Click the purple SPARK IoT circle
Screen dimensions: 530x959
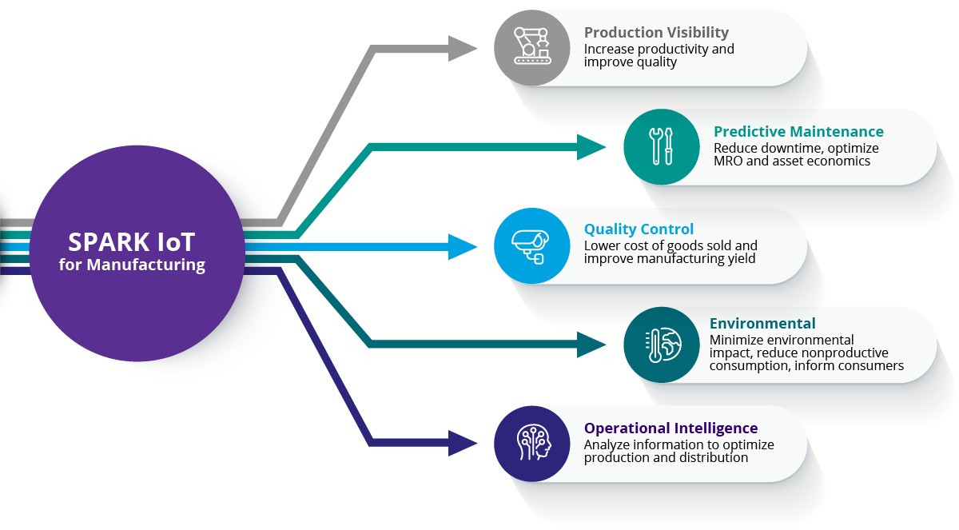[137, 253]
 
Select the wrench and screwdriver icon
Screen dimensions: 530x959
[661, 146]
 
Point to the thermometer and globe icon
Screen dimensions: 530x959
[661, 345]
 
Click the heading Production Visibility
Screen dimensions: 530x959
[656, 33]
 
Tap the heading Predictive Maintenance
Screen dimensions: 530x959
[798, 132]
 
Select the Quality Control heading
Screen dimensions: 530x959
[639, 229]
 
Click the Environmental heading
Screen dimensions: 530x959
[762, 324]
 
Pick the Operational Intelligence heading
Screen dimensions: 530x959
[671, 428]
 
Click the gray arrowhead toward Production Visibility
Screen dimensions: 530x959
[463, 48]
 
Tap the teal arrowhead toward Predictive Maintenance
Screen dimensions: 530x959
[592, 147]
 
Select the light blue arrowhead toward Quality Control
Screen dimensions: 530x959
[463, 246]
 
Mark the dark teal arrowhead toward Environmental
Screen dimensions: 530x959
[592, 345]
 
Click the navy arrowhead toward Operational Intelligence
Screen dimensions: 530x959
[463, 443]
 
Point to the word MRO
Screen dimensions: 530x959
[728, 161]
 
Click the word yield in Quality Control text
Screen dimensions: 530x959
[740, 258]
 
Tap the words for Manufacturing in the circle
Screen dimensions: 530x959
[132, 265]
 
